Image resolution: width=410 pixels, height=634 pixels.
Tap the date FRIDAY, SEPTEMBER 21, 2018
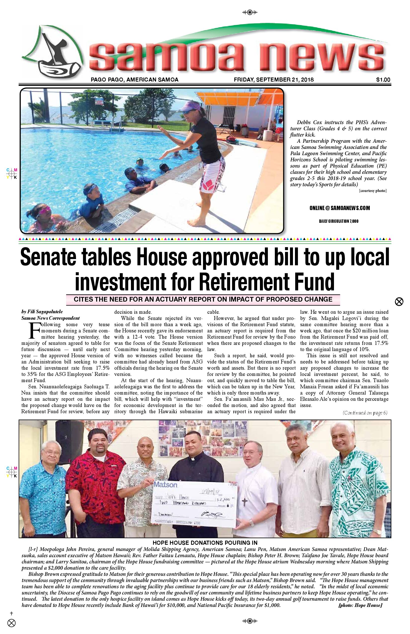[x=274, y=79]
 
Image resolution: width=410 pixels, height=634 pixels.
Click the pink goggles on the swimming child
[x=42, y=211]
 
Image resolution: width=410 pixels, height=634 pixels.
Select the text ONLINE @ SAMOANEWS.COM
[x=339, y=208]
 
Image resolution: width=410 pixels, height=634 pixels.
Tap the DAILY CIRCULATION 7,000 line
[x=339, y=221]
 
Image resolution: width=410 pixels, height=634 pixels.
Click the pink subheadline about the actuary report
[x=203, y=299]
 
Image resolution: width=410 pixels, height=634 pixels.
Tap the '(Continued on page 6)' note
[x=365, y=413]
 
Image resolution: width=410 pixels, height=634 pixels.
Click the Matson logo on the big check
[x=165, y=485]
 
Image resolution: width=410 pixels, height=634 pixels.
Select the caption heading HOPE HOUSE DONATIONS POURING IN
[x=205, y=543]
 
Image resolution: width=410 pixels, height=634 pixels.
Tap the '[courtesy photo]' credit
[x=372, y=191]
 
